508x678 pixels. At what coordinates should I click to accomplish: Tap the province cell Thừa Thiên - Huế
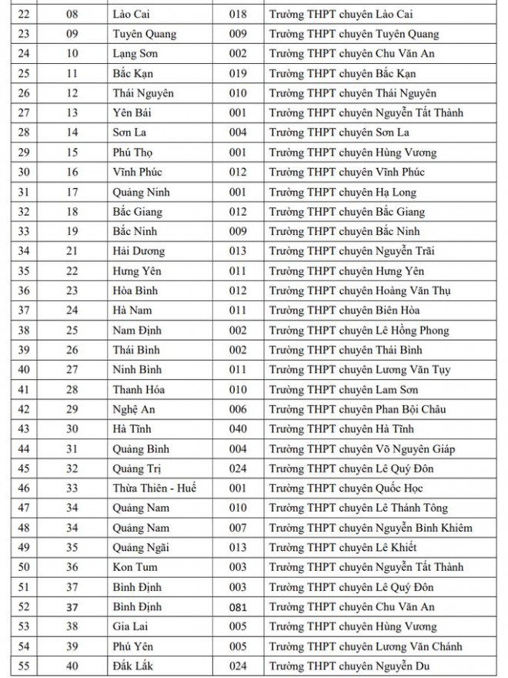[x=154, y=488]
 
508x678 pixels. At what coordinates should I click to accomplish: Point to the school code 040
[x=238, y=429]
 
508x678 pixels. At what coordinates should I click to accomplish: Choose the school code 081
[x=238, y=607]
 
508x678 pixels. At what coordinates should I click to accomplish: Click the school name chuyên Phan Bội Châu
[x=357, y=409]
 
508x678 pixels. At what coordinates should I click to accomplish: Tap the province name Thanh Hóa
[x=138, y=390]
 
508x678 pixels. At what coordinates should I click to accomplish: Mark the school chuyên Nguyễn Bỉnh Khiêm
[x=370, y=528]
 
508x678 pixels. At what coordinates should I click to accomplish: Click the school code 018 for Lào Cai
[x=238, y=14]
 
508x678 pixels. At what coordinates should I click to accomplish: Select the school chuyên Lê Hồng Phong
[x=359, y=331]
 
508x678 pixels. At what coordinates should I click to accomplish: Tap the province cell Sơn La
[x=129, y=133]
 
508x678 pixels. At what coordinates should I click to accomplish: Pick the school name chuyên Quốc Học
[x=346, y=488]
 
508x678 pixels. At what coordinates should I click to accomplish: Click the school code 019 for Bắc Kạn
[x=238, y=73]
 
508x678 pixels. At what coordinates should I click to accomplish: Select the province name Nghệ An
[x=132, y=409]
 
